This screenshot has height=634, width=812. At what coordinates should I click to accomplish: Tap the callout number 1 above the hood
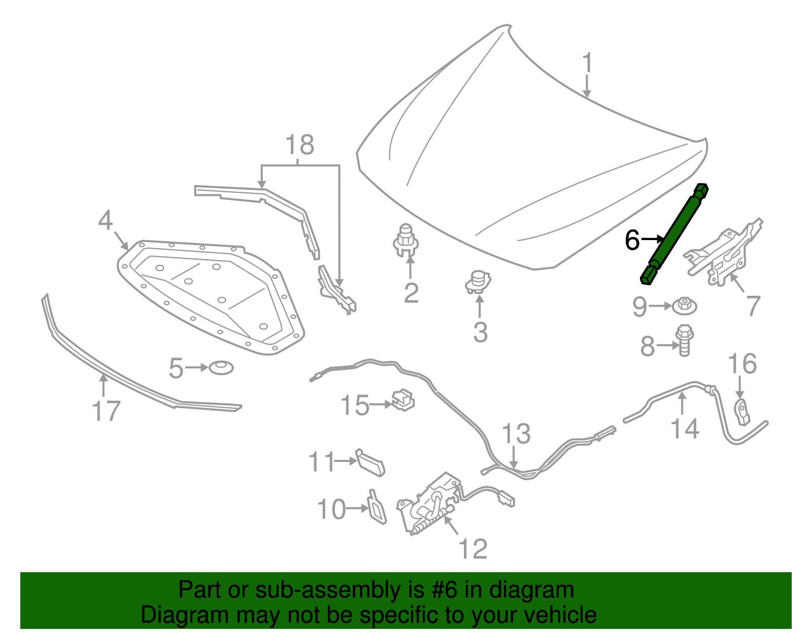[587, 63]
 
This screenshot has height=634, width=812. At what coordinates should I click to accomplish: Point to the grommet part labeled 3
[478, 282]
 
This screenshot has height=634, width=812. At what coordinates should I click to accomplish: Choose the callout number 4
[105, 221]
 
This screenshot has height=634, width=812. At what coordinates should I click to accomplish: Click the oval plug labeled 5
[221, 367]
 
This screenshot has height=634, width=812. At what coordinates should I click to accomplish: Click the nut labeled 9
[685, 306]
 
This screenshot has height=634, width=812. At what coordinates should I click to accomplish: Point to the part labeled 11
[370, 462]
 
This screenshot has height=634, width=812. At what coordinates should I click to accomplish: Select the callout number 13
[516, 435]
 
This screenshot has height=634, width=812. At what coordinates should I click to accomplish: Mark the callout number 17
[106, 411]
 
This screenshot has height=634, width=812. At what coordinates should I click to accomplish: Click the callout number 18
[300, 145]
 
